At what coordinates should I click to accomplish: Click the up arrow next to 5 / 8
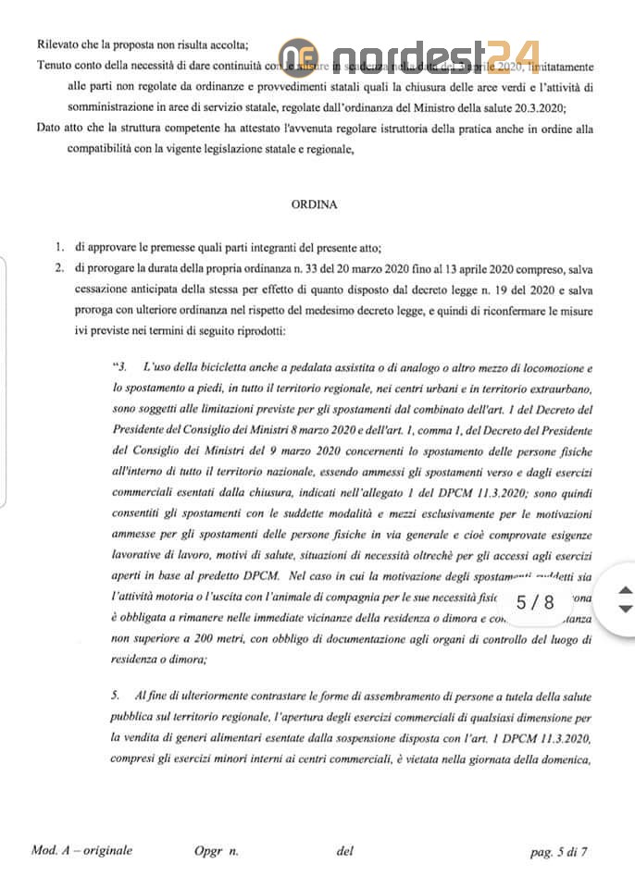625,589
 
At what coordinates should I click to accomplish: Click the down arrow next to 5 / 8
625,610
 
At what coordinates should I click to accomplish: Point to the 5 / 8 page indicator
536,602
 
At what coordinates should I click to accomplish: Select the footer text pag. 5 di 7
559,851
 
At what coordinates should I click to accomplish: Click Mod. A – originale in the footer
82,851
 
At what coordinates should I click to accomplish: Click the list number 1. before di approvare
58,247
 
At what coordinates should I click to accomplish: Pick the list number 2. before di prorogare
58,268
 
